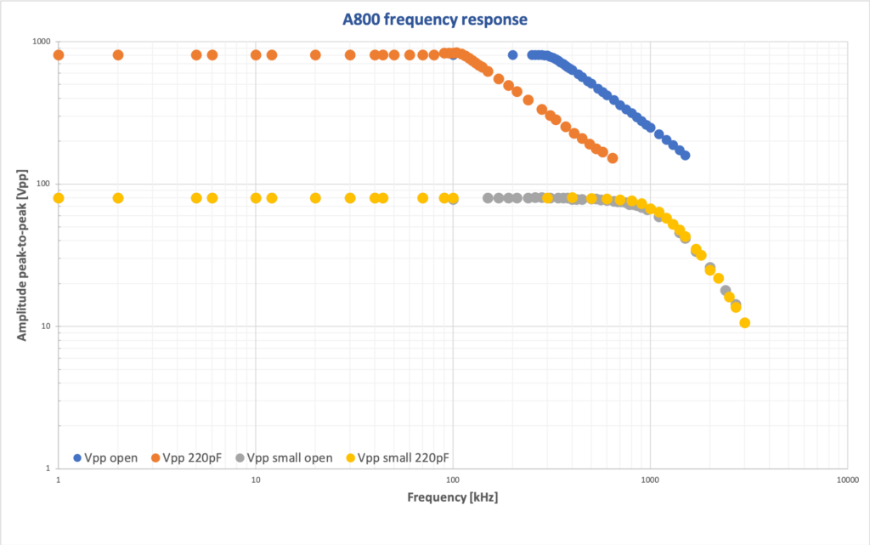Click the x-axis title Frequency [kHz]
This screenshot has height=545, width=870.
pos(452,497)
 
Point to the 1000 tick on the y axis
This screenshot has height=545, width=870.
pos(40,42)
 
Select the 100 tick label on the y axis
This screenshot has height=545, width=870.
pos(42,184)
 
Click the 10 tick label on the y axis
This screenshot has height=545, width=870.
pos(45,326)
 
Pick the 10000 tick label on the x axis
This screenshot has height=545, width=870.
pos(847,480)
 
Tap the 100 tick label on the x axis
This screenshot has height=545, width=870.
pos(453,480)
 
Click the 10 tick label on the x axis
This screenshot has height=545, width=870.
pos(256,480)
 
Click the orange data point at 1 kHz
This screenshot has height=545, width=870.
pos(59,55)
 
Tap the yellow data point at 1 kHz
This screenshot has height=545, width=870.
pos(59,198)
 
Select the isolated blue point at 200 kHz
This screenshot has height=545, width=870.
pos(512,55)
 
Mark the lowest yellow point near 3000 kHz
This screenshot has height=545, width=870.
pos(744,323)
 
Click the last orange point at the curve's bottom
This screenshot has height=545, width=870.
pos(612,158)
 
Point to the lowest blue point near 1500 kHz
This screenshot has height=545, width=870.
pos(685,156)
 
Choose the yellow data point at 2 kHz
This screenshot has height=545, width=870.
pos(118,198)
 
